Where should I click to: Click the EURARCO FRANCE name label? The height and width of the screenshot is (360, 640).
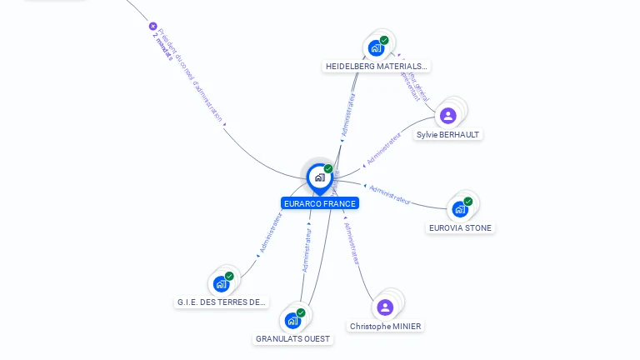click(320, 203)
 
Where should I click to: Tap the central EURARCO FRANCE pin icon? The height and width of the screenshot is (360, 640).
click(319, 177)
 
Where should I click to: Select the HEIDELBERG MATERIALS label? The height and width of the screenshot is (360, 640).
click(376, 66)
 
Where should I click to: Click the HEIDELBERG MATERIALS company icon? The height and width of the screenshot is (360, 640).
click(376, 47)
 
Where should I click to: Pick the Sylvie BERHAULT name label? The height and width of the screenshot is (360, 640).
click(447, 134)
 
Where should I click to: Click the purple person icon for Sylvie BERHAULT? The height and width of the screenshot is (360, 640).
click(447, 116)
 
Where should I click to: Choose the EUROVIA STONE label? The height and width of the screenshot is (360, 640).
click(460, 227)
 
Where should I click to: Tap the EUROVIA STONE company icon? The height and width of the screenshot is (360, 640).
click(459, 209)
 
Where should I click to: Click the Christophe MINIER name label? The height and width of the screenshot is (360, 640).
click(385, 326)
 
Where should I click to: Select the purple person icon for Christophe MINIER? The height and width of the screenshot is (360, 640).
click(384, 307)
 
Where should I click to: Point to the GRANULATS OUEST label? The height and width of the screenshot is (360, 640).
click(292, 339)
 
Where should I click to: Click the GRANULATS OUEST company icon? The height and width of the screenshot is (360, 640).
click(292, 321)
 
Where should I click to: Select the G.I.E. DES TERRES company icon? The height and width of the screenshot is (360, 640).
click(221, 283)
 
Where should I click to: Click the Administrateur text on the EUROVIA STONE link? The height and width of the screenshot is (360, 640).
click(390, 194)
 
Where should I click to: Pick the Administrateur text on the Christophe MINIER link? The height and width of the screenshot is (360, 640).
click(352, 243)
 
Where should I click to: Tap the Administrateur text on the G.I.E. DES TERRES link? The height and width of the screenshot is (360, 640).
click(272, 232)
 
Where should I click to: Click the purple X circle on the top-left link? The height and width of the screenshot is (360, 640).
click(152, 26)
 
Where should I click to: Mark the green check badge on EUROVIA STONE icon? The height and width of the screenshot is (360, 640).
click(468, 201)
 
